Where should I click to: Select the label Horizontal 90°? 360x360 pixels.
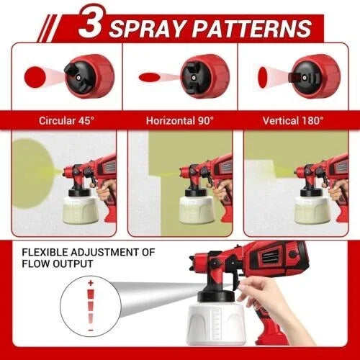[x=179, y=120]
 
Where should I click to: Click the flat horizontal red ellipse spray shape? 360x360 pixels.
[x=150, y=76]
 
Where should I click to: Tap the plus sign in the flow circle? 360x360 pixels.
[x=91, y=284]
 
